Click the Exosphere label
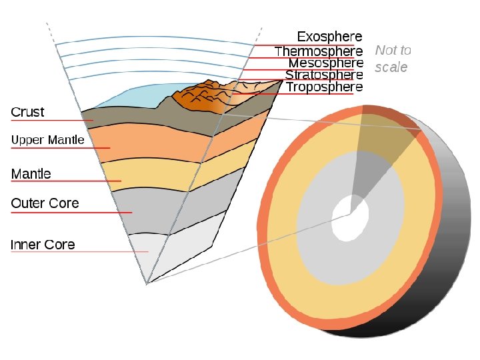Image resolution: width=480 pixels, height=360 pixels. [x=329, y=36]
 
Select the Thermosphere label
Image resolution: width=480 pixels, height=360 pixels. [x=319, y=51]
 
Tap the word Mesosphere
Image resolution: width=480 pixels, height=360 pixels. [x=325, y=63]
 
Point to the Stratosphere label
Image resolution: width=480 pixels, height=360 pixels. [x=324, y=75]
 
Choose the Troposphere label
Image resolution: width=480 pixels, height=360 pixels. [x=325, y=87]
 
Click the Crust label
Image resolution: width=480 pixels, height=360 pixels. [x=27, y=112]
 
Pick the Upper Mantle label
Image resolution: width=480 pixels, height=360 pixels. [x=47, y=140]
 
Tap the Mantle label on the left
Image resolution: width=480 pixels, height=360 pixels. [x=31, y=174]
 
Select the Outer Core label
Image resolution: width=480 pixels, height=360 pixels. [x=45, y=203]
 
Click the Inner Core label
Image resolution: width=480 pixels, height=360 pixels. [x=43, y=245]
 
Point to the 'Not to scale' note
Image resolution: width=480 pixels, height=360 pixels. [x=393, y=59]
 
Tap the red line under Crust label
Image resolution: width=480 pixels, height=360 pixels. [x=50, y=121]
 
